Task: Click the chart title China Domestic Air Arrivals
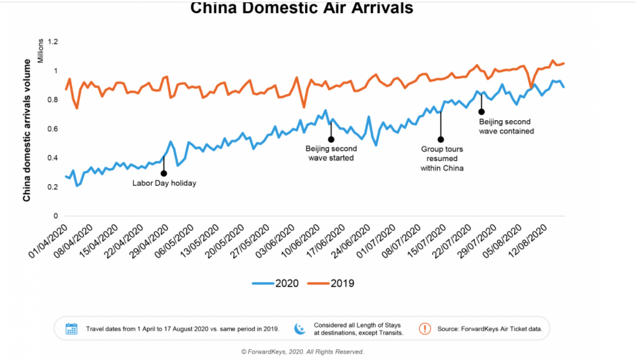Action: tap(302, 8)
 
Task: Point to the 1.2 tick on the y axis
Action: tap(53, 42)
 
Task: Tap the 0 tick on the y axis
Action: tap(56, 216)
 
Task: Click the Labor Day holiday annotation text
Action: tap(164, 184)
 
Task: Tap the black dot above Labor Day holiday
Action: tap(163, 173)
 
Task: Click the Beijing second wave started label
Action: tap(330, 153)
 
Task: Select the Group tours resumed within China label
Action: tap(442, 159)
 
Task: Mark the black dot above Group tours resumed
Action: tap(441, 140)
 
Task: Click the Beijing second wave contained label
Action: tap(506, 127)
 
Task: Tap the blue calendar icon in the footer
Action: tap(72, 329)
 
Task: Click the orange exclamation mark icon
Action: tap(425, 329)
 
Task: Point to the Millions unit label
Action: tap(41, 51)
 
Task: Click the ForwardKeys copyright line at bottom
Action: tap(303, 352)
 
